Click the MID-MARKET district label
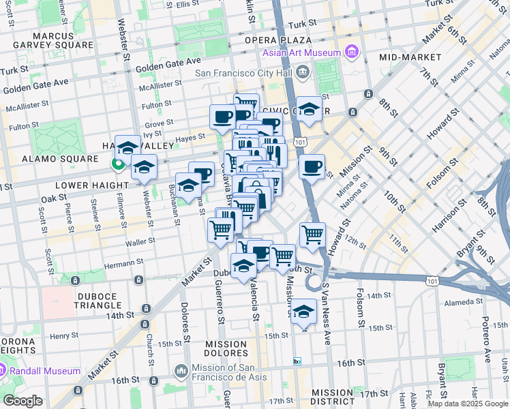pos(411,57)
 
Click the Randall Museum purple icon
pos(3,371)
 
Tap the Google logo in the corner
pos(22,401)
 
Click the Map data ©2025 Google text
pos(467,404)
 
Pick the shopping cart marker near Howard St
pos(312,234)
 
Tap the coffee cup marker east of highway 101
pos(312,166)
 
